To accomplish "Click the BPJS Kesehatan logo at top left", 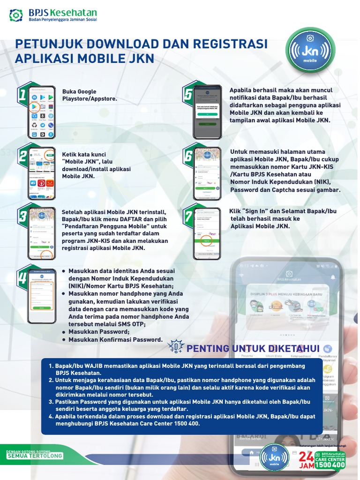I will (53, 15).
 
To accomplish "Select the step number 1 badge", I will (22, 96).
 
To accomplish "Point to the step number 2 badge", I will (22, 157).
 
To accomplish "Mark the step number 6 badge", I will (188, 156).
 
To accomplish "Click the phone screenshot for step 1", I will (42, 112).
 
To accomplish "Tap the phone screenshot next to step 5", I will (207, 112).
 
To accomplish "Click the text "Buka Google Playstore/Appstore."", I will (89, 95).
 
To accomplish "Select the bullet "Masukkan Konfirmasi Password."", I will (115, 340).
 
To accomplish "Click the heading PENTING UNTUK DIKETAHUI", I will (253, 348).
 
